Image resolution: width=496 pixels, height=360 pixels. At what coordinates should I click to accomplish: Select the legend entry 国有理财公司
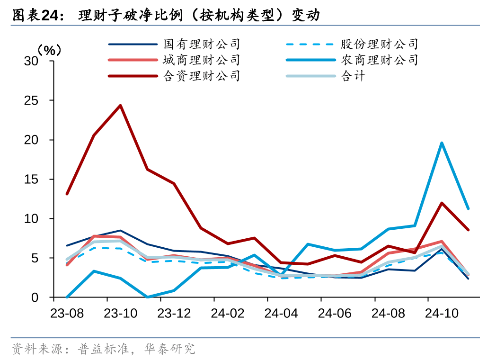pos(202,45)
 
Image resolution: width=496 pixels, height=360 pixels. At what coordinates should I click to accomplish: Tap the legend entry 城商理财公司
pos(202,60)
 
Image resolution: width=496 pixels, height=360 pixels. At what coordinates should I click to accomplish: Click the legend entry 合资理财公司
pos(202,76)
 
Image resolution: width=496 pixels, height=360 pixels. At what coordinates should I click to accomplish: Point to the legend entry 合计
pos(353,76)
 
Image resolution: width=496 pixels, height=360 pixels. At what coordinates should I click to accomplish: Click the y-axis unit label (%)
pos(49,49)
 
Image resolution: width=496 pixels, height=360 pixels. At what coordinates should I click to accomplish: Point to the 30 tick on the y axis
pos(32,61)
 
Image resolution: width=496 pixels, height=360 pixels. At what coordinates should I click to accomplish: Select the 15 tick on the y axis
pos(32,180)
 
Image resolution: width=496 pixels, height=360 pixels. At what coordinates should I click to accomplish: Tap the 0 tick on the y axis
pos(35,297)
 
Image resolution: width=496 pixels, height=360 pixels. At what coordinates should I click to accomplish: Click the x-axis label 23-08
pos(67,313)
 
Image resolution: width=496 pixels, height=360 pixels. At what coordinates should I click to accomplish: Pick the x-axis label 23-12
pos(174,313)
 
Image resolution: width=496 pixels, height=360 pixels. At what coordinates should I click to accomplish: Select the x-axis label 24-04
pos(281,313)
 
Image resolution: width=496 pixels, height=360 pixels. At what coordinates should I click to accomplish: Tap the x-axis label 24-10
pos(442,313)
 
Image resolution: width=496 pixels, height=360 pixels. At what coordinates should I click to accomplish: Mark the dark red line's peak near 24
pos(120,106)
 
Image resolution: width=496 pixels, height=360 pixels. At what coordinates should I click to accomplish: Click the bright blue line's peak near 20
pos(442,143)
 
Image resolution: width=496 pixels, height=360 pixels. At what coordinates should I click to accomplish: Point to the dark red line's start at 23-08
pos(67,194)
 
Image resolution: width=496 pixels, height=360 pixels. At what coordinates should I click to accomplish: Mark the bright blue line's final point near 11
pos(468,208)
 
